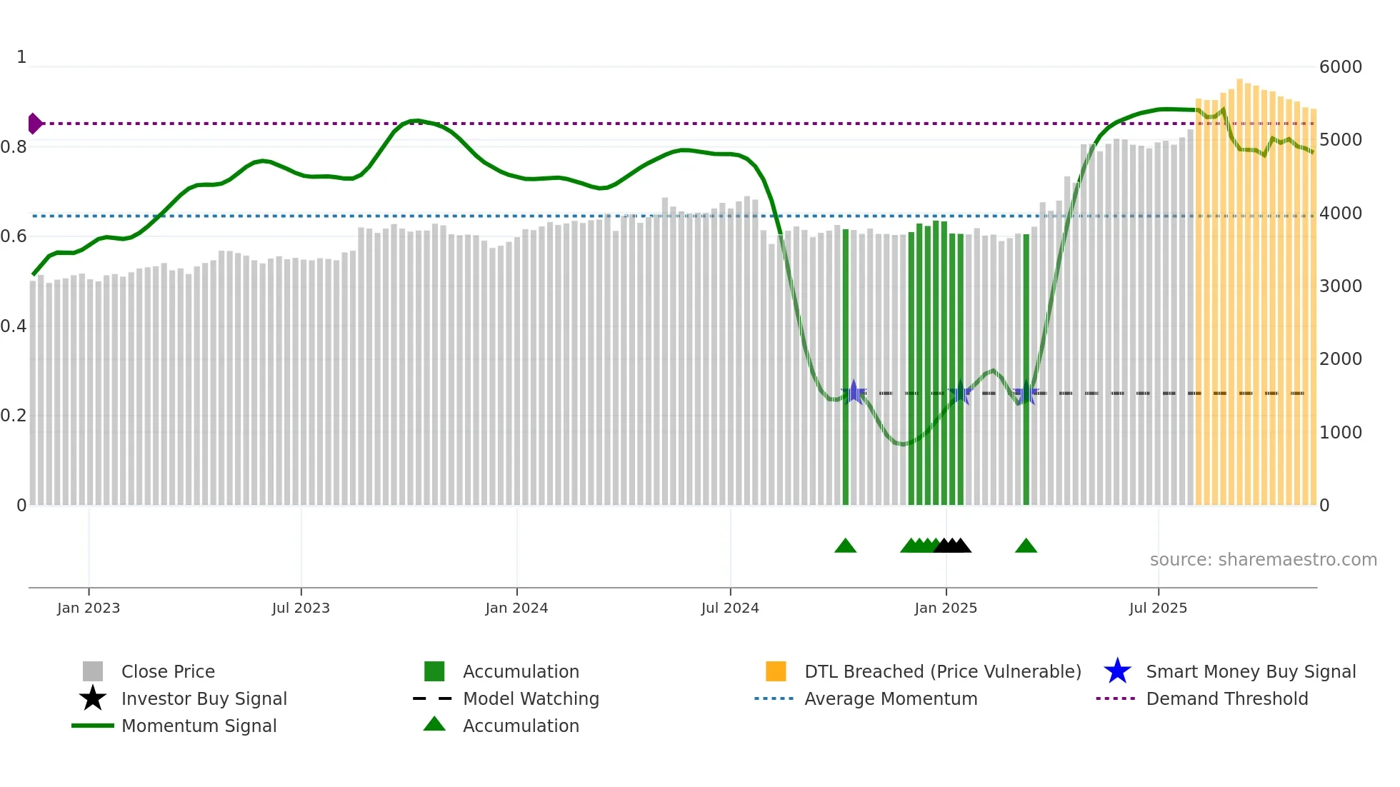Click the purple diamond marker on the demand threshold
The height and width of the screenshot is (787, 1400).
click(34, 124)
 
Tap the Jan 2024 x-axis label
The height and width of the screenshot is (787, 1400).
click(516, 608)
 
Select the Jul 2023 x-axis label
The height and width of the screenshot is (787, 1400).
click(301, 608)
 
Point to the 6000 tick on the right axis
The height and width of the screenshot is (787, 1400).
click(1340, 67)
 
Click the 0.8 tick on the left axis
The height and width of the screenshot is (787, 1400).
click(14, 147)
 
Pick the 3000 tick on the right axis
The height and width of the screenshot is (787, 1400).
click(1340, 286)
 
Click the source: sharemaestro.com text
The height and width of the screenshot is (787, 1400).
click(1263, 560)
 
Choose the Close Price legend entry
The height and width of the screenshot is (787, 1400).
click(168, 672)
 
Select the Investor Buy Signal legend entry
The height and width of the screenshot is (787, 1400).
click(204, 699)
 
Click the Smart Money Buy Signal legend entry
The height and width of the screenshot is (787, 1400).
click(1250, 672)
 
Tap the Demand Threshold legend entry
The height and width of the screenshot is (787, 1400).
click(1226, 699)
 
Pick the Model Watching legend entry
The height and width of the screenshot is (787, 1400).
click(531, 699)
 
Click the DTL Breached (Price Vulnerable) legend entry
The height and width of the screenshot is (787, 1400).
click(942, 672)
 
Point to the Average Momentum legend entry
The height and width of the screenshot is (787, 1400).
click(890, 699)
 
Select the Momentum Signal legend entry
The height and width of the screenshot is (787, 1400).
click(199, 726)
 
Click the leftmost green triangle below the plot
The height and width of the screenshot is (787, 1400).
click(845, 546)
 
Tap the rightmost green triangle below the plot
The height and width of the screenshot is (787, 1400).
click(1026, 546)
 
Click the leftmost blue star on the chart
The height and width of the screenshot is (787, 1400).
click(854, 393)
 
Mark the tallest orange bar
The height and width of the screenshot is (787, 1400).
click(1240, 286)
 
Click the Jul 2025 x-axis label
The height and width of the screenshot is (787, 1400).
click(1158, 608)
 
